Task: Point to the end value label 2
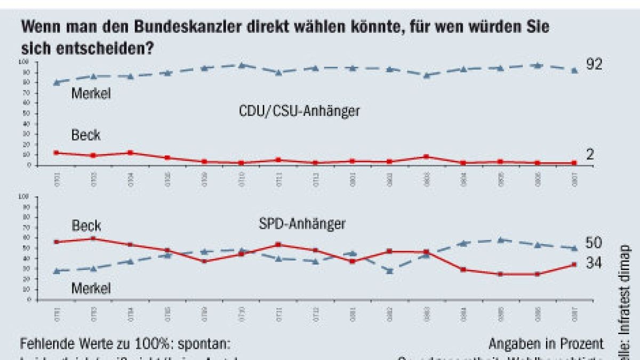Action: [x=590, y=155]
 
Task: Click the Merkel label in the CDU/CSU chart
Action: [x=91, y=94]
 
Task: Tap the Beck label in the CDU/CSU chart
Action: [x=86, y=135]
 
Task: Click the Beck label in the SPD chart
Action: [x=86, y=226]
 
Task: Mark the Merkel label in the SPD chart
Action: [x=91, y=289]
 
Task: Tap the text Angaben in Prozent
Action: [x=546, y=343]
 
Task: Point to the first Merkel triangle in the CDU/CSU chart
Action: [x=57, y=82]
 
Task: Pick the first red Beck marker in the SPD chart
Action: [x=57, y=242]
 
